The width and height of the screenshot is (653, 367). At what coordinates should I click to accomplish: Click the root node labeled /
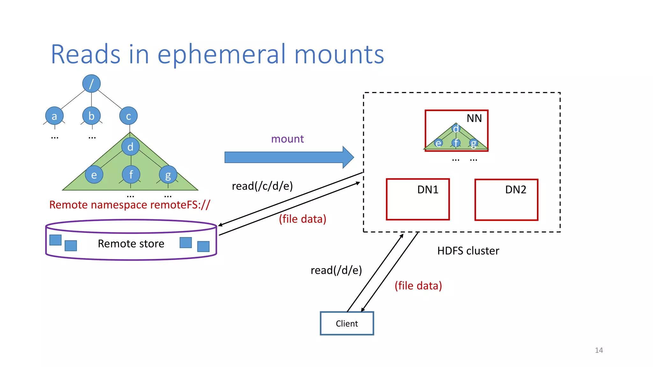(92, 83)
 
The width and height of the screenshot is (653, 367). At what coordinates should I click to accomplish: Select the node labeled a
(54, 116)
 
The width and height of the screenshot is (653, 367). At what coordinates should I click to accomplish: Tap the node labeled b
(92, 116)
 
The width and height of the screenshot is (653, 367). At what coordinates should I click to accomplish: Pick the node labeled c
(128, 116)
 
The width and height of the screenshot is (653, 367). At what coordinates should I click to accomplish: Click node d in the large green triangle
(130, 147)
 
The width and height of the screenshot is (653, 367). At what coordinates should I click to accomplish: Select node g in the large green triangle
(168, 175)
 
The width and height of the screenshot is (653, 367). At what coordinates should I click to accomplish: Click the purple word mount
(287, 139)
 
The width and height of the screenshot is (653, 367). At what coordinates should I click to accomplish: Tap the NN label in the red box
(474, 119)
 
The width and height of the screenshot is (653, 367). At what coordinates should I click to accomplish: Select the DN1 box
(418, 200)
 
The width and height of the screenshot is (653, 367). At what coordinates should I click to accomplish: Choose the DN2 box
(506, 200)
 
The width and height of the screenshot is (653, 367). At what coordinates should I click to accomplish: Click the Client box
(347, 323)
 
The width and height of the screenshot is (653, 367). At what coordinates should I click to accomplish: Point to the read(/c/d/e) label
(262, 186)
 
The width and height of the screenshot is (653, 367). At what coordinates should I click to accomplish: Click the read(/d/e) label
(336, 270)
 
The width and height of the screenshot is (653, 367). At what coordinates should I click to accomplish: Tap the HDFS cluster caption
(468, 251)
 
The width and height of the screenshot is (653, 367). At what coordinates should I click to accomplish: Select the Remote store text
(131, 244)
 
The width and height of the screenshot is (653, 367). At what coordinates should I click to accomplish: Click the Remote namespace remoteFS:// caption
(129, 205)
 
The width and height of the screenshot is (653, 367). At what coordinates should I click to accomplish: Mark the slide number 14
(599, 350)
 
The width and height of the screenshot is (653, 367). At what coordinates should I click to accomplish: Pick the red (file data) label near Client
(418, 286)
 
